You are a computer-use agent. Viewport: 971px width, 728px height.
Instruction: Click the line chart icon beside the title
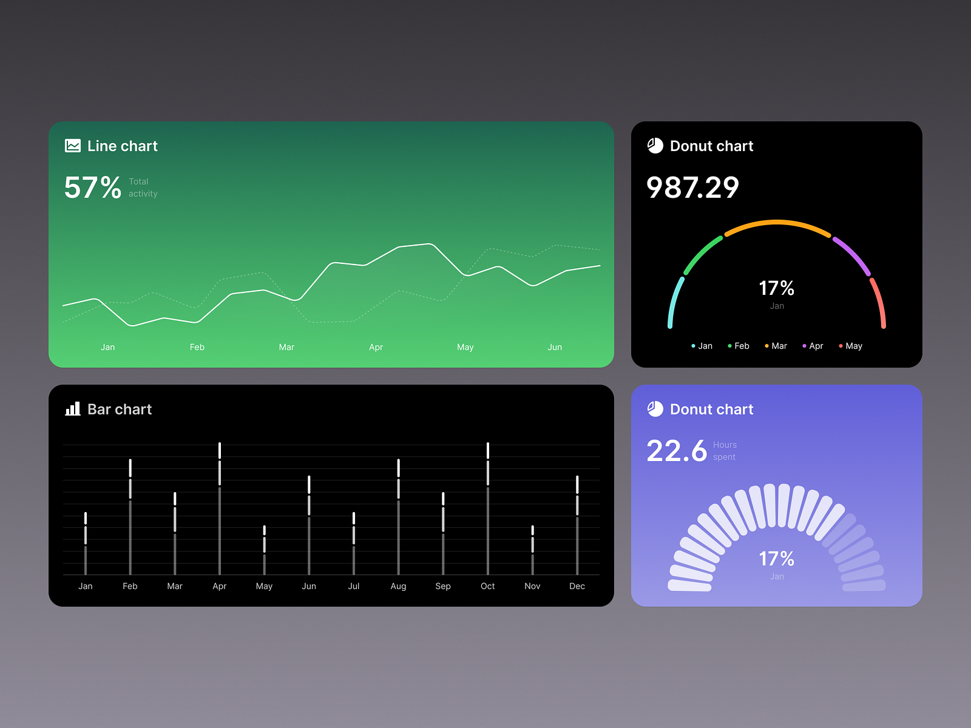[73, 146]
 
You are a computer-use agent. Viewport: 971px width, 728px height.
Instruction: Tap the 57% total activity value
[93, 187]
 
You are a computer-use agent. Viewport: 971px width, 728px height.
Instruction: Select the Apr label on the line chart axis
[376, 347]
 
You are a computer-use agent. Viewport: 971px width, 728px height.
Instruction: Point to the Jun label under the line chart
[555, 347]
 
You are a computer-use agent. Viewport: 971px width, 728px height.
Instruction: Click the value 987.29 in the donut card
[692, 187]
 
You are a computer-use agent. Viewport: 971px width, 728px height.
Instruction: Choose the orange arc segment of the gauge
[777, 223]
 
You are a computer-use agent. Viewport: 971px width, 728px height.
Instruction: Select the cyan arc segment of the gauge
[674, 302]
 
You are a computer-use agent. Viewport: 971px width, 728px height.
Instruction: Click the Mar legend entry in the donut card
[776, 346]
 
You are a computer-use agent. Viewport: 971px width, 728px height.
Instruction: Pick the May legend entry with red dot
[851, 346]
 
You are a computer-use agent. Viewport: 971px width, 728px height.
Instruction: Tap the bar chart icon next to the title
[73, 409]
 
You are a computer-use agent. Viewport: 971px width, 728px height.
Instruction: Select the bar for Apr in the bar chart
[220, 510]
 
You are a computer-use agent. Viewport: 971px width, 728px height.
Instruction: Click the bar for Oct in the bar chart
[488, 510]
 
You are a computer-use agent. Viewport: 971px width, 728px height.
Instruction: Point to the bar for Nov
[532, 550]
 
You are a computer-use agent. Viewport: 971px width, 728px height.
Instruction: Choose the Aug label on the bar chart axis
[398, 586]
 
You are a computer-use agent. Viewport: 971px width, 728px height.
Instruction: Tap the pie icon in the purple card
[655, 409]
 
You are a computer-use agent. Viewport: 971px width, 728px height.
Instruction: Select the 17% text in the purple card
[777, 559]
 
